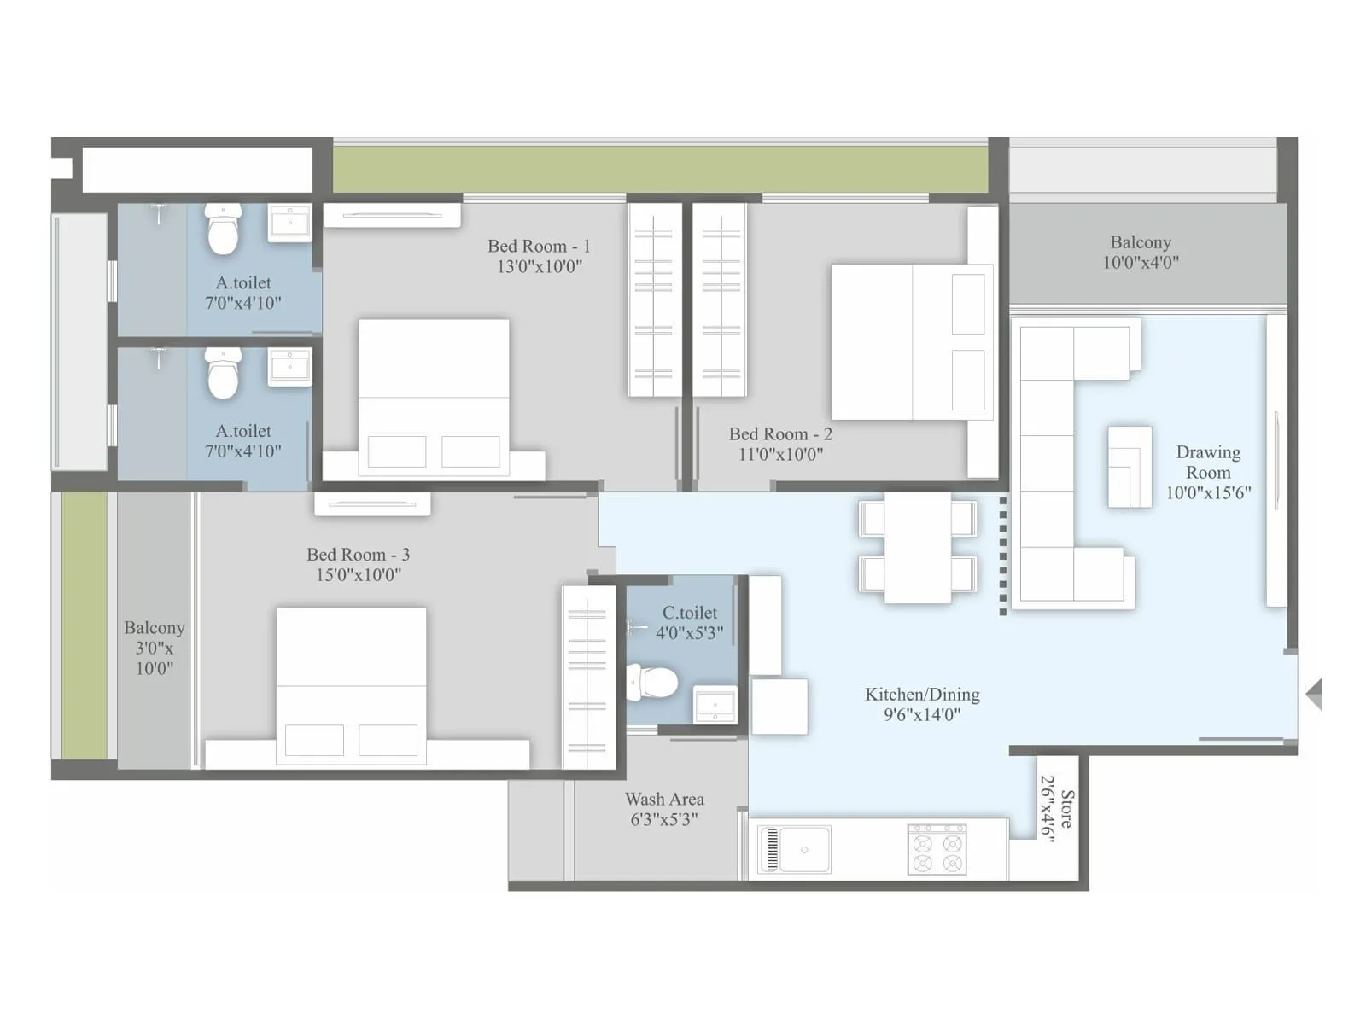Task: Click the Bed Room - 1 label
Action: (x=539, y=246)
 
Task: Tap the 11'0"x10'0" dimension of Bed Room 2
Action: (x=780, y=455)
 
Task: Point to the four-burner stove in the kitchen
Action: (x=937, y=849)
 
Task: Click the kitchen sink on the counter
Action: (x=795, y=849)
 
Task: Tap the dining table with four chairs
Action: (x=918, y=546)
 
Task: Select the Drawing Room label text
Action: (x=1208, y=462)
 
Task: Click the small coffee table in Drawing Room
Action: (x=1130, y=467)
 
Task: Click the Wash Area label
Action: (x=664, y=800)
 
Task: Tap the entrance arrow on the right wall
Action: (x=1315, y=694)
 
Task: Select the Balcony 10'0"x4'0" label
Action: (x=1141, y=252)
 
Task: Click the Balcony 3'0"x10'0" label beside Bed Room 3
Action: (x=154, y=648)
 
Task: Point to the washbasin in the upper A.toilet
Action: (x=290, y=224)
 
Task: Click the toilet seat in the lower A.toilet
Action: (x=224, y=375)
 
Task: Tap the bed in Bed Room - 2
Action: (x=911, y=341)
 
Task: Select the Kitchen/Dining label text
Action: (x=922, y=695)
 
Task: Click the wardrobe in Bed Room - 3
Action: (x=588, y=678)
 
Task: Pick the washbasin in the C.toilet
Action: (x=715, y=705)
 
